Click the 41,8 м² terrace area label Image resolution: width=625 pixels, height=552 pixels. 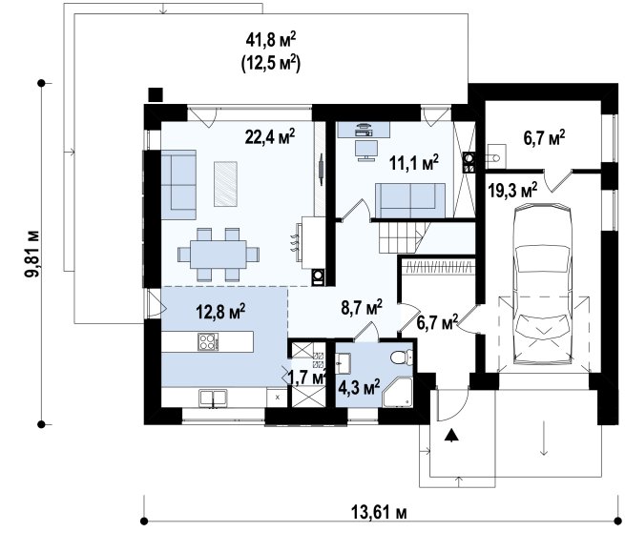(271, 40)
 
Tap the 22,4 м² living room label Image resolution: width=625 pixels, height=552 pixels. (270, 137)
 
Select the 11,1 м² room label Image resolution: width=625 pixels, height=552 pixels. (414, 163)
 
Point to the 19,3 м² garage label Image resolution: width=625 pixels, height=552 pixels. (512, 191)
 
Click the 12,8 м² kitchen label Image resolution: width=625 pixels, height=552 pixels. (220, 312)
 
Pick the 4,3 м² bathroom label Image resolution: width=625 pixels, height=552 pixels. (359, 387)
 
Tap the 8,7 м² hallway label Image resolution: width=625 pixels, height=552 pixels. (362, 307)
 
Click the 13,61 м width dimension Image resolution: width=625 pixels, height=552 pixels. (379, 512)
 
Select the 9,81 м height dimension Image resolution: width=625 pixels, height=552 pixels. (31, 254)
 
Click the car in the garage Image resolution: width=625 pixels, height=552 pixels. (543, 283)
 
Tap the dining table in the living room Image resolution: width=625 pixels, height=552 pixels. (219, 255)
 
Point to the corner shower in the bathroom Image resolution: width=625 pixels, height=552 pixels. (397, 392)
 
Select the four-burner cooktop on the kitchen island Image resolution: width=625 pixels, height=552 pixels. (208, 341)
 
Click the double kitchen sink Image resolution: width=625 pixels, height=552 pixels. (213, 399)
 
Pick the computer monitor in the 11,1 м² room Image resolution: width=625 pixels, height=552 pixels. (366, 150)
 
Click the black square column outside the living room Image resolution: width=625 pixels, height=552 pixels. (156, 94)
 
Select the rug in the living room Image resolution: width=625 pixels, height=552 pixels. (225, 184)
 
